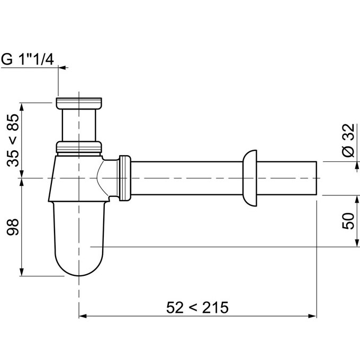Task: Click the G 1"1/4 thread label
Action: tap(28, 59)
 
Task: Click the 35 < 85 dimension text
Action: tap(13, 140)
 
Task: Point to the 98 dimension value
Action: tap(13, 227)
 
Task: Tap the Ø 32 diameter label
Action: tap(349, 140)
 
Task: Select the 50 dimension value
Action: tap(348, 221)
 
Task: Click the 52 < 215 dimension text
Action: tap(197, 308)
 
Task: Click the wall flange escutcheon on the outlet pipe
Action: tap(250, 178)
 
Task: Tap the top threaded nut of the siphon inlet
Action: tap(79, 103)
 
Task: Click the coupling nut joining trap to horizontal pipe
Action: tap(125, 178)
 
